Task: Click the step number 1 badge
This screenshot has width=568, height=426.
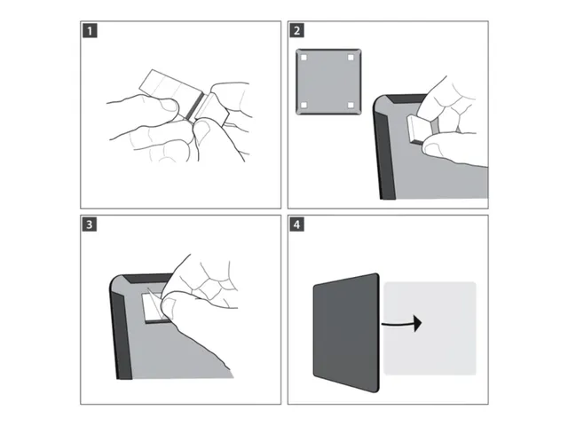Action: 90,31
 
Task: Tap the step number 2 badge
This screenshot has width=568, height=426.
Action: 297,31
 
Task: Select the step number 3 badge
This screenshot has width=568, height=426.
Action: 90,225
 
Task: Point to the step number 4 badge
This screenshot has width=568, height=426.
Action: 297,225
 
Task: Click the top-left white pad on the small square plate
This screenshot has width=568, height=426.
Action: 304,58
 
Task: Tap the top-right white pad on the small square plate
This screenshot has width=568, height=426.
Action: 351,58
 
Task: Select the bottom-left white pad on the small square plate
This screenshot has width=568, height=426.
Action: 304,105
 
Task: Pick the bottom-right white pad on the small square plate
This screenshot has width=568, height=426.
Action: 351,105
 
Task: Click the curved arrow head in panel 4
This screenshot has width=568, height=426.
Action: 418,323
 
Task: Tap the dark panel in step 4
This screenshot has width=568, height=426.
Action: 346,333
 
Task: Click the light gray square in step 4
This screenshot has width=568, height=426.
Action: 430,328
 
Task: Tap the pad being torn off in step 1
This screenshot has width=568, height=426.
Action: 212,109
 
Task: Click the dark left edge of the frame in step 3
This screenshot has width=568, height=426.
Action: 122,334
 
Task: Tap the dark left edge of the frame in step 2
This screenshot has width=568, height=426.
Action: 384,156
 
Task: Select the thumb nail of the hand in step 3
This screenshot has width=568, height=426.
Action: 168,306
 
